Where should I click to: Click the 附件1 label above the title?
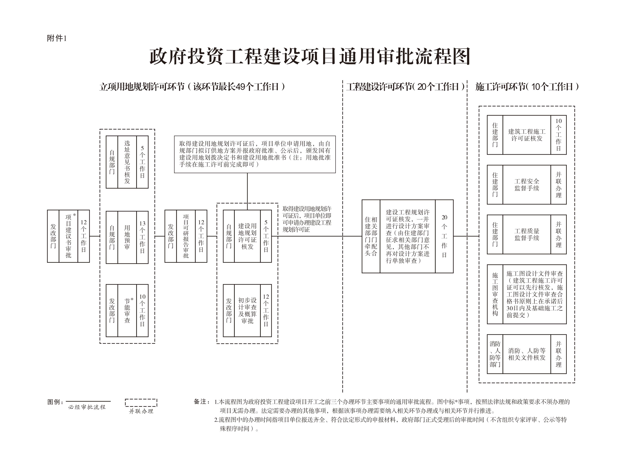(x=57, y=38)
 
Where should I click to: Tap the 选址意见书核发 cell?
(x=127, y=162)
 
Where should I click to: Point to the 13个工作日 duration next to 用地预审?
(x=142, y=237)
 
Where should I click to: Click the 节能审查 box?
(x=127, y=310)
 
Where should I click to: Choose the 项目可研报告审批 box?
(x=186, y=236)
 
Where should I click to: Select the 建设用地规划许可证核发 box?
(x=247, y=236)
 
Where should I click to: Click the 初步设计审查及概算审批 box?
(x=247, y=310)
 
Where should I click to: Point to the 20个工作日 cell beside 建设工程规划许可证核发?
(x=444, y=236)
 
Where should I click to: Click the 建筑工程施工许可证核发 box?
(x=526, y=135)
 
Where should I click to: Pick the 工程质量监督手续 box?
(x=526, y=234)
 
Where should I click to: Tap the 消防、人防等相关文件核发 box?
(x=526, y=354)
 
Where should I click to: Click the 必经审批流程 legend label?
(x=87, y=407)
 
